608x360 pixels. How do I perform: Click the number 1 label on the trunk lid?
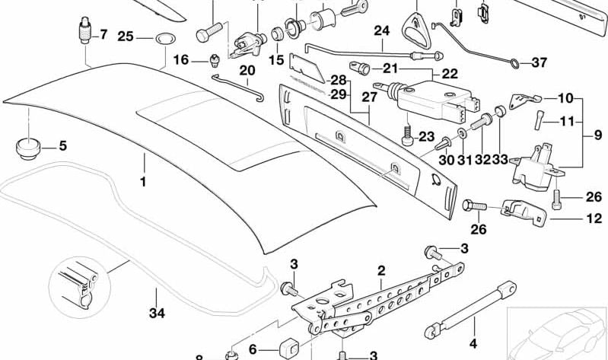[143, 183]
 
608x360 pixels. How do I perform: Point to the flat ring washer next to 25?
[162, 37]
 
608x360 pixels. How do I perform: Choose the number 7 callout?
[103, 35]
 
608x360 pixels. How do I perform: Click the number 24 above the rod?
[381, 31]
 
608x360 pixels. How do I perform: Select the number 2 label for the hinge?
[380, 270]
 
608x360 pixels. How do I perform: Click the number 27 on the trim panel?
[369, 97]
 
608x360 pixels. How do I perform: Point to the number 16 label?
[180, 59]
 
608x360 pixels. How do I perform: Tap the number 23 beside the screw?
[424, 137]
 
